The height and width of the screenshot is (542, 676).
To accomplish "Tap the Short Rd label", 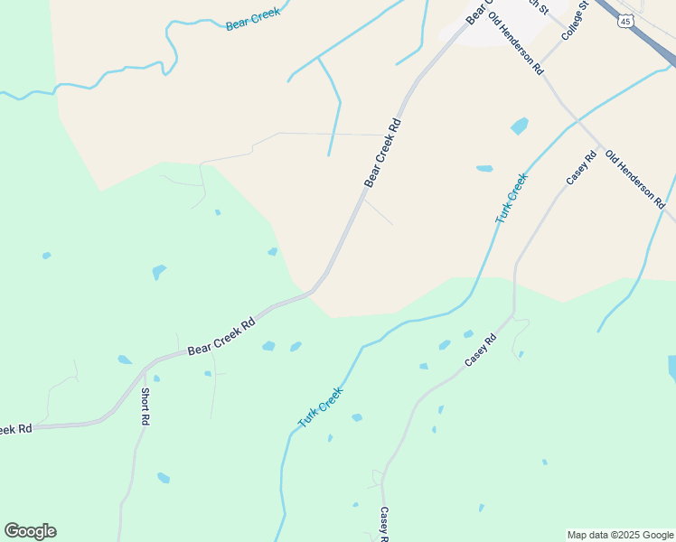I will coord(145,406).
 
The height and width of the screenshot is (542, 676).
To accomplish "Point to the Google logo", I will coord(30,531).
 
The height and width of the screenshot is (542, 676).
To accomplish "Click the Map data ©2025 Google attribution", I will coord(620,535).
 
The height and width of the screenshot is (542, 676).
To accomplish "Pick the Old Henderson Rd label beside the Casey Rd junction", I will coord(634,180).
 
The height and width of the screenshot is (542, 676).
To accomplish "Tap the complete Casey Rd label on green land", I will coord(481,350).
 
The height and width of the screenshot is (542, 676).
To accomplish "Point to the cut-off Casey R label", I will coord(383,524).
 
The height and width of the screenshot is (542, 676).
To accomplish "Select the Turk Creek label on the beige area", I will coord(511,199).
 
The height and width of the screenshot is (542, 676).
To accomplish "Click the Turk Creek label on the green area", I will coord(321,407).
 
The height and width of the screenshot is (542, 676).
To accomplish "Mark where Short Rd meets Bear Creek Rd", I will coord(144,369).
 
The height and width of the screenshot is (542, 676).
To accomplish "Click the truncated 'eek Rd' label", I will coord(16,429).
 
